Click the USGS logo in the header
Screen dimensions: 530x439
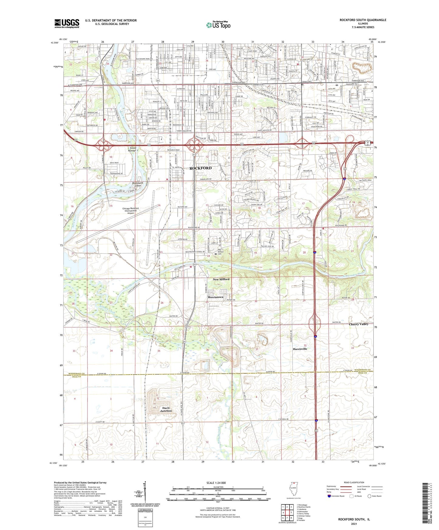tap(67, 23)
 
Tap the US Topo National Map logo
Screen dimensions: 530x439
tap(218, 25)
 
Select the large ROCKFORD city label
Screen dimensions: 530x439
tap(201, 168)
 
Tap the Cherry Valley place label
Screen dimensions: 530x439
tap(358, 324)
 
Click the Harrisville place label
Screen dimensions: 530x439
tap(300, 349)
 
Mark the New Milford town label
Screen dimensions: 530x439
tap(221, 279)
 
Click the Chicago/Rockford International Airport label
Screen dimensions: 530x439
tap(131, 211)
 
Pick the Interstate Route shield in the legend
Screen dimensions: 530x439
tap(330, 496)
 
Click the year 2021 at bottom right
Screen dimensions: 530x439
tap(354, 524)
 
